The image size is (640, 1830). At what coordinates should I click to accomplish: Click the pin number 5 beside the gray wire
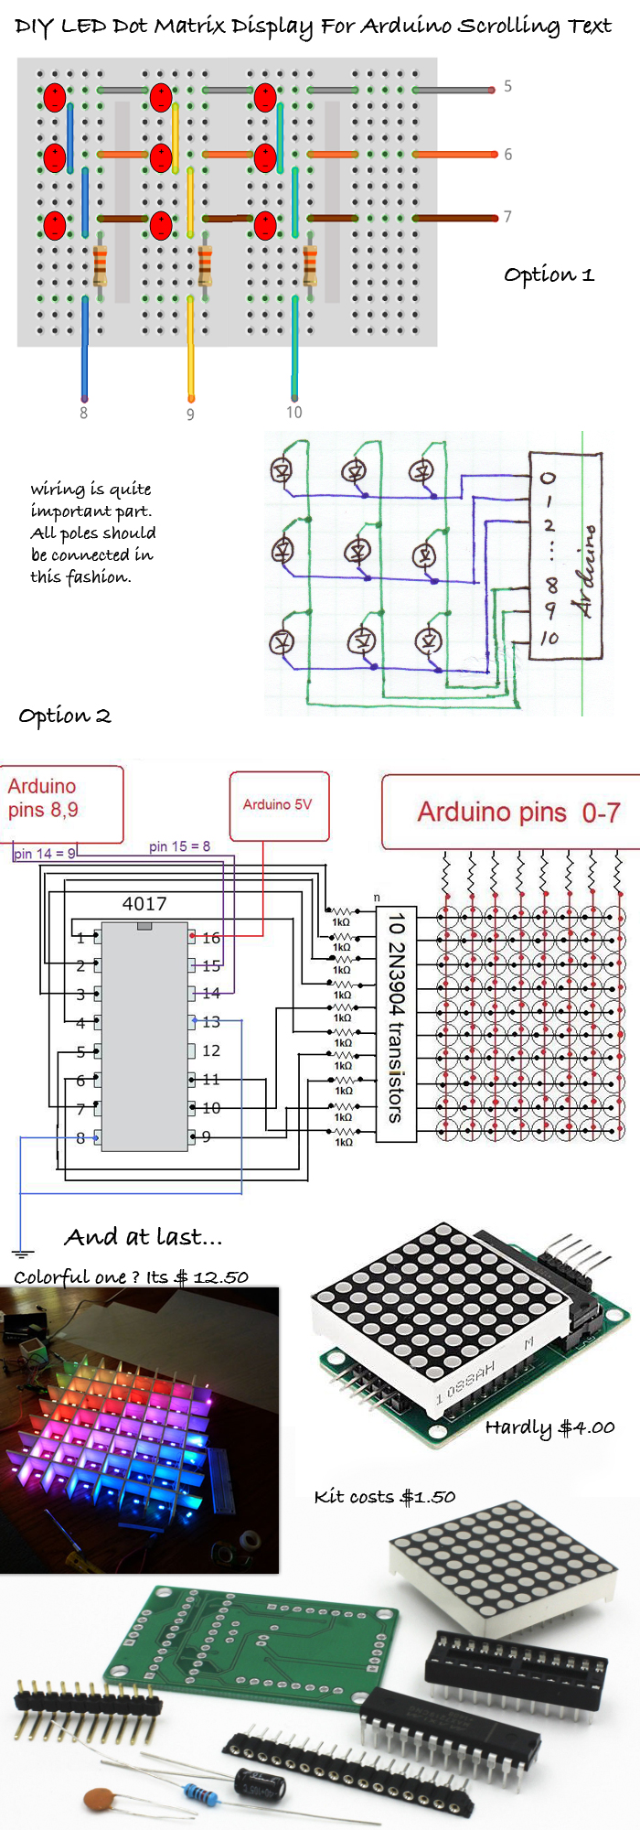click(x=507, y=87)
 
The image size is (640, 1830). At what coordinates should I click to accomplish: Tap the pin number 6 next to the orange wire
click(x=507, y=155)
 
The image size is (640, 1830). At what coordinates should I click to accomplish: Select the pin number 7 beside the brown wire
click(x=507, y=217)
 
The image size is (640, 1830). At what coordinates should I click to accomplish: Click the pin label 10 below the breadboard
click(x=293, y=413)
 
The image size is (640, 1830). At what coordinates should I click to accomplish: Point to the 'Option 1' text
click(x=549, y=274)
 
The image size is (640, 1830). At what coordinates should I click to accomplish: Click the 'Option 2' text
click(x=65, y=716)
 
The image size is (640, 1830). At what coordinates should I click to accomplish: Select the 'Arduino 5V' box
click(x=278, y=805)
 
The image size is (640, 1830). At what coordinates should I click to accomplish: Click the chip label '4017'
click(x=144, y=904)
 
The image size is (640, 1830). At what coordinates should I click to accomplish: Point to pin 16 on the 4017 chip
click(x=210, y=938)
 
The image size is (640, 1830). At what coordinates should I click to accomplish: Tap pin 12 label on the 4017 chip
click(x=210, y=1050)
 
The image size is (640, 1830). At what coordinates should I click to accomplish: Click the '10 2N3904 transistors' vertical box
click(x=396, y=1024)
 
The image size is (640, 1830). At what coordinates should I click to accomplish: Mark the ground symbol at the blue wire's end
click(x=22, y=1254)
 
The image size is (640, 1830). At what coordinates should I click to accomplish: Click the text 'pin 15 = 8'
click(x=179, y=846)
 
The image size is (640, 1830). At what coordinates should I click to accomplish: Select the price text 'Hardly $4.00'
click(x=549, y=1427)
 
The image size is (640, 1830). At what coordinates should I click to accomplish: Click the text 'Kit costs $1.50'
click(x=384, y=1497)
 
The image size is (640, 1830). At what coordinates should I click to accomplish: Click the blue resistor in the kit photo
click(x=200, y=1792)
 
